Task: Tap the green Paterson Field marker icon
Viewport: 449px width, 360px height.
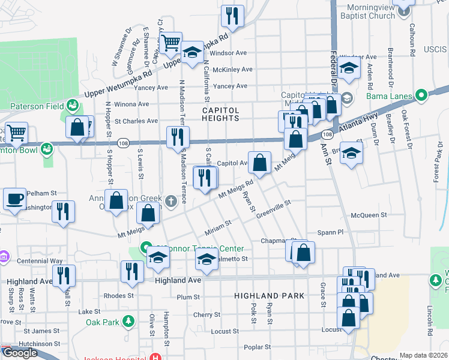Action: [73, 106]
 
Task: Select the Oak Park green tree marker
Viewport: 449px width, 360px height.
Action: [128, 322]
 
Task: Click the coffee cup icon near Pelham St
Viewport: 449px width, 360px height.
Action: [14, 199]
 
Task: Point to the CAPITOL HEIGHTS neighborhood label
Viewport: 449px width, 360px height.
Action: [220, 114]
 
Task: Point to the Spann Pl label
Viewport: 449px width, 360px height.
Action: [331, 232]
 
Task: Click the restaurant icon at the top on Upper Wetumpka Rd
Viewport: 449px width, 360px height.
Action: [232, 16]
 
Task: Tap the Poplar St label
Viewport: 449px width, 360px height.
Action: [258, 347]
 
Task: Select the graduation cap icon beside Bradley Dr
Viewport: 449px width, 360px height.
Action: [351, 153]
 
